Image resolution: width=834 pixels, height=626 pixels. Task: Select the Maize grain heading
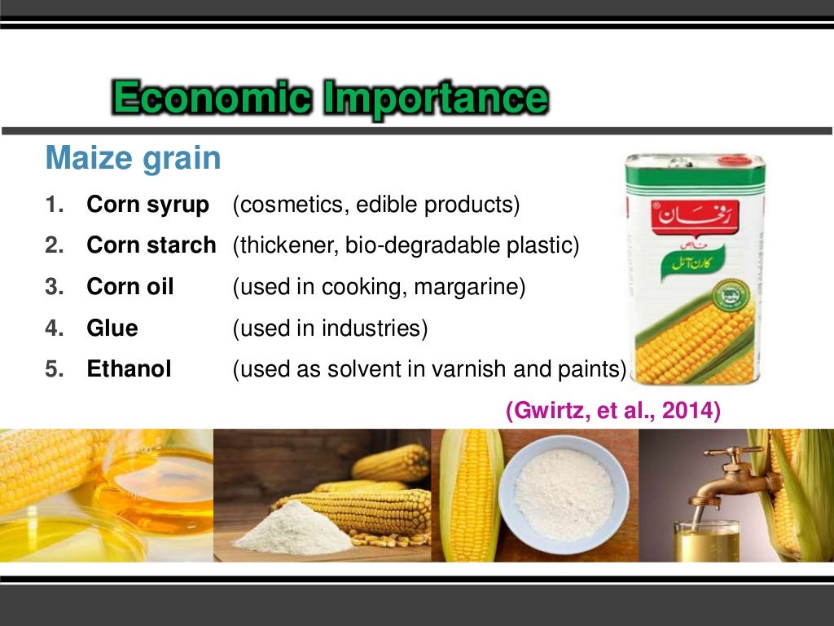point(133,157)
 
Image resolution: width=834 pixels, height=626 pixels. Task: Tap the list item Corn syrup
point(147,205)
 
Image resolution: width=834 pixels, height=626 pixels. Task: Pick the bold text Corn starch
point(151,245)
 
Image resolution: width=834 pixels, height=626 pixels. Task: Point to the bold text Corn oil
point(130,287)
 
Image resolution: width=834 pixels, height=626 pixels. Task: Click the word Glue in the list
point(112,328)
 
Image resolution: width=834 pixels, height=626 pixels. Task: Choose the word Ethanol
point(129,369)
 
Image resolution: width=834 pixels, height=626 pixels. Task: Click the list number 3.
point(54,287)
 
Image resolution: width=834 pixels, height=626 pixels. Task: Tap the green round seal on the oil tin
point(729,295)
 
